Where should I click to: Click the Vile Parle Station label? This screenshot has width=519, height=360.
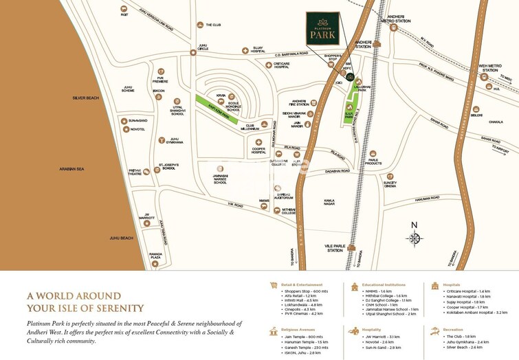click(335, 248)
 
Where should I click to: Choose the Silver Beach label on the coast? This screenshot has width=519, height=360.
click(85, 98)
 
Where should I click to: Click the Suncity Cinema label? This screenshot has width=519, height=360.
click(390, 184)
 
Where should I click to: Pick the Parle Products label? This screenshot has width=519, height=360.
click(373, 162)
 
